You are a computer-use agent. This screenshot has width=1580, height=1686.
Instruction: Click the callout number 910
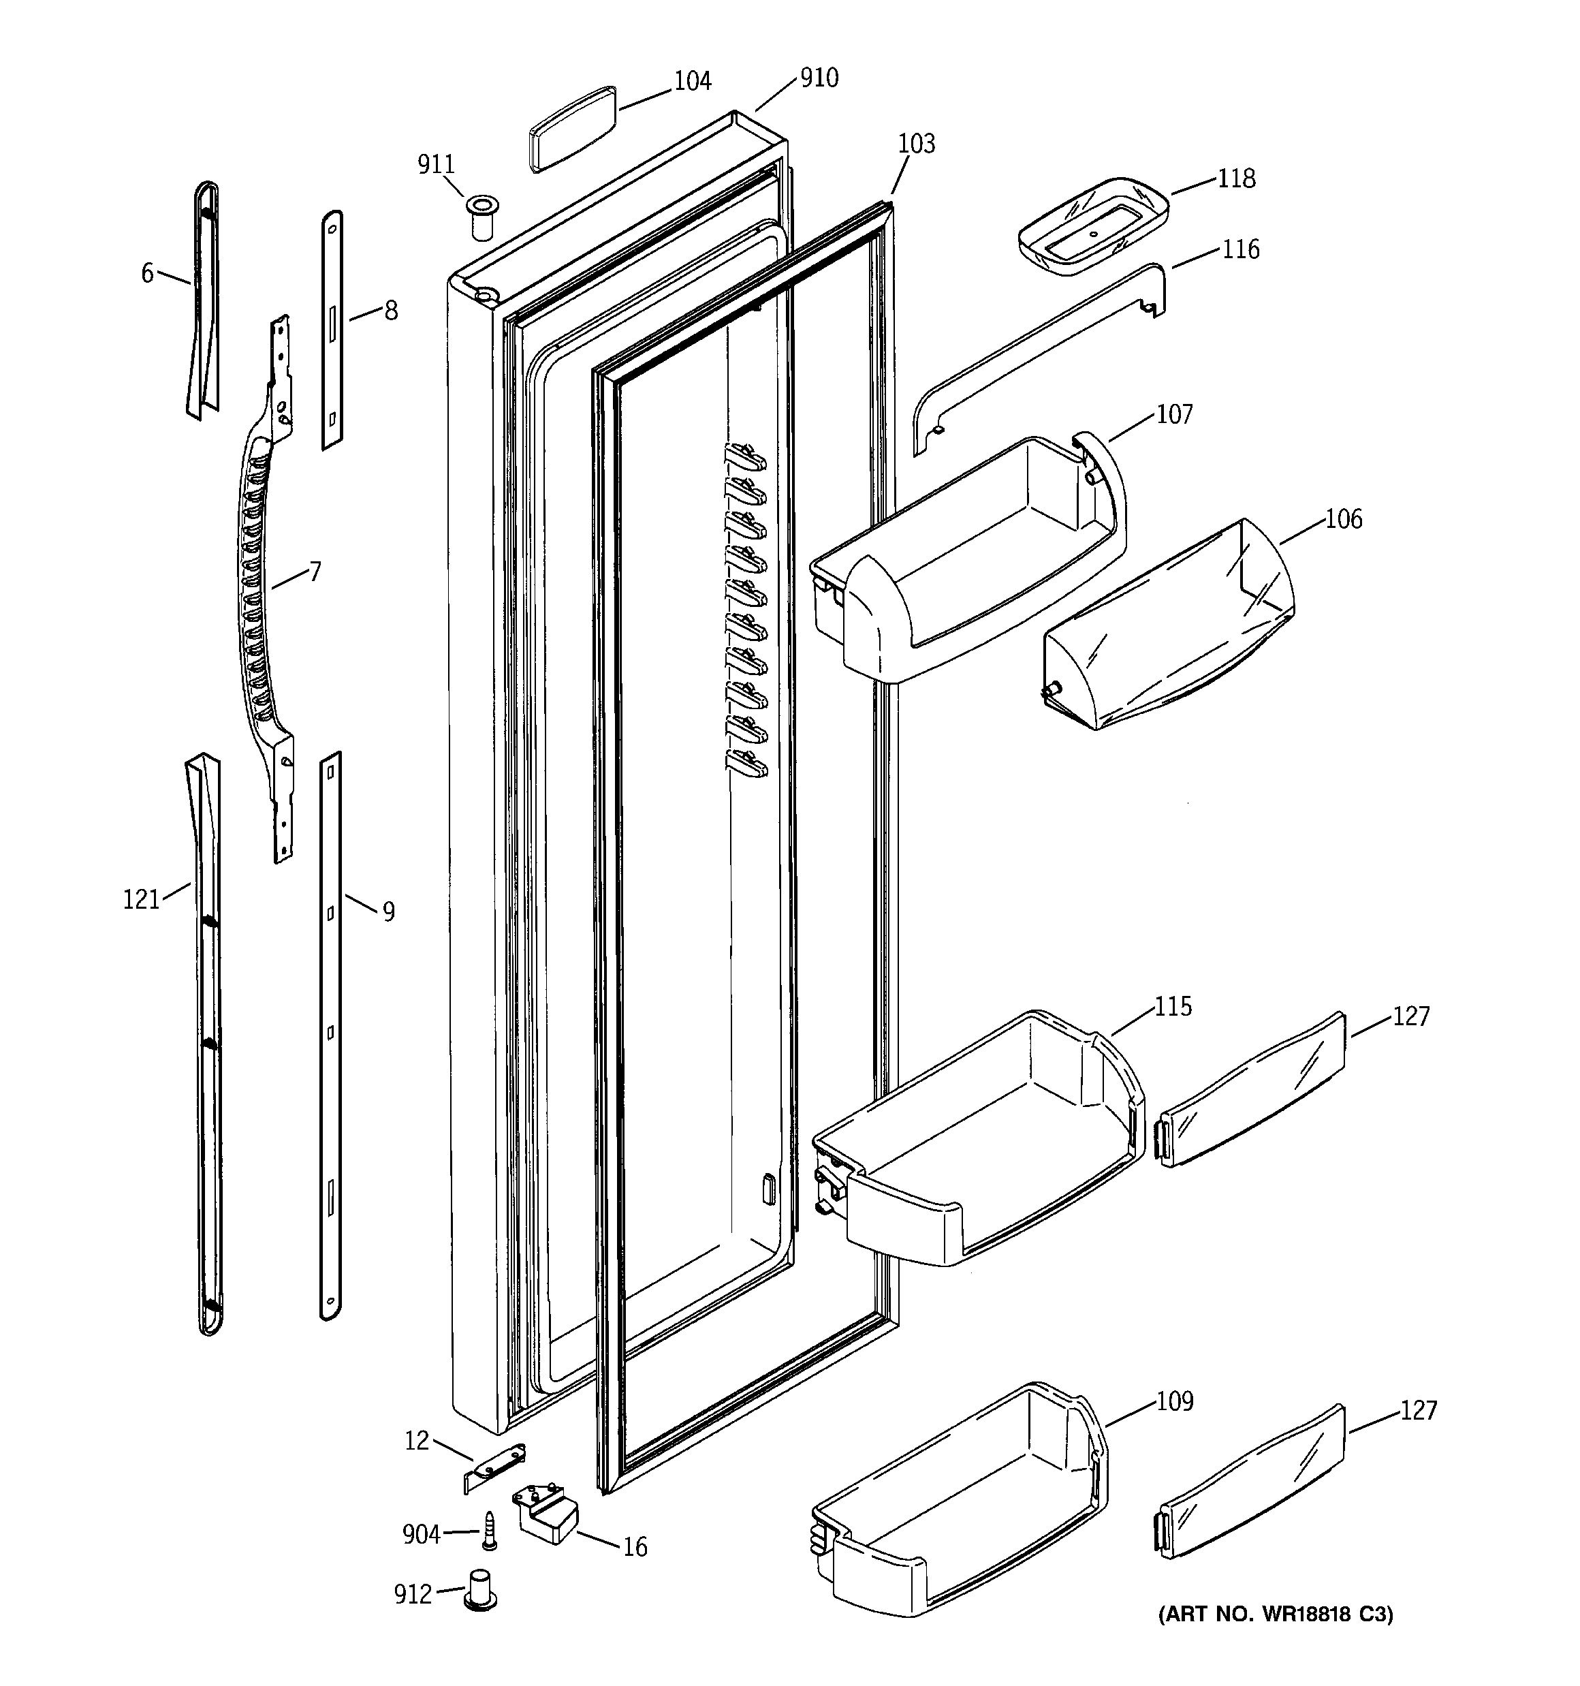(819, 78)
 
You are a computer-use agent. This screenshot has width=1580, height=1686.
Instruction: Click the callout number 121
(141, 899)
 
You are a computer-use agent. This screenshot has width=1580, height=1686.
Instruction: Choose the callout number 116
(1241, 249)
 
